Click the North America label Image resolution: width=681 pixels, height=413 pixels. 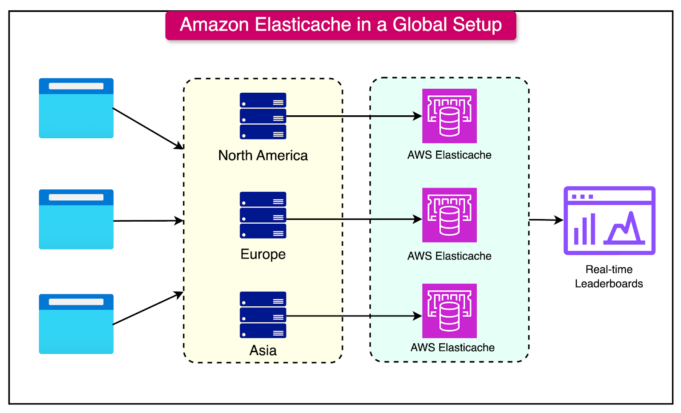263,156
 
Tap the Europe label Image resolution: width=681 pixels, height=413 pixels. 263,254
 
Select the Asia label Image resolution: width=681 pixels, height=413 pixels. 263,350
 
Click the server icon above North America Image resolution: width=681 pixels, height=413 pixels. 263,116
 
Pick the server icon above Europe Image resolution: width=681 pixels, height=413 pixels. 263,215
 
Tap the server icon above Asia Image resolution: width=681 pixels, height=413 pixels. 263,315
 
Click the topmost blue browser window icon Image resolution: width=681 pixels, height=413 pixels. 76,108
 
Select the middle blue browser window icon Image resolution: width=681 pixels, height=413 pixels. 76,219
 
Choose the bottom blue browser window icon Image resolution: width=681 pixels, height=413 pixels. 76,324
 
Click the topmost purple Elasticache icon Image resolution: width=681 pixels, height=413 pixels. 449,116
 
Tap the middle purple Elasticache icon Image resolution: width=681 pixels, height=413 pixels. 449,215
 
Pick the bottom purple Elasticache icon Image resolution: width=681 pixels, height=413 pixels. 449,311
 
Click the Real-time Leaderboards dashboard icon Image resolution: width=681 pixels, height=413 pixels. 609,220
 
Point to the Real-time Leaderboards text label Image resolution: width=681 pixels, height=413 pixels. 609,276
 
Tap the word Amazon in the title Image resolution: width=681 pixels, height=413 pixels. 214,25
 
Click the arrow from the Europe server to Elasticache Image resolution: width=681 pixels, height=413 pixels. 353,219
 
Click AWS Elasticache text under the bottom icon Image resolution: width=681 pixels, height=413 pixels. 452,347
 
